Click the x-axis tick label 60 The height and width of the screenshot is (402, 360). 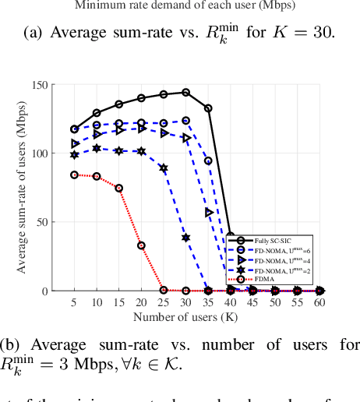319,302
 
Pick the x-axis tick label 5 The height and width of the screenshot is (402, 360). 75,302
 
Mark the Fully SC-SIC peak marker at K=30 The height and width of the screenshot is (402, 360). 186,92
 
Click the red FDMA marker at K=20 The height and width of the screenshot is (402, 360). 142,245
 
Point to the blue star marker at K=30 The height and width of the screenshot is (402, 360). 186,237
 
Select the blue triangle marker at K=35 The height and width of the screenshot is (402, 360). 208,212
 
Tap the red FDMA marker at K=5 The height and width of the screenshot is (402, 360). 75,175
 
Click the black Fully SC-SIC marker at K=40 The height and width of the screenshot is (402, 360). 231,235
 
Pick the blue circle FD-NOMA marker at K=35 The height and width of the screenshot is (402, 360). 208,160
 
